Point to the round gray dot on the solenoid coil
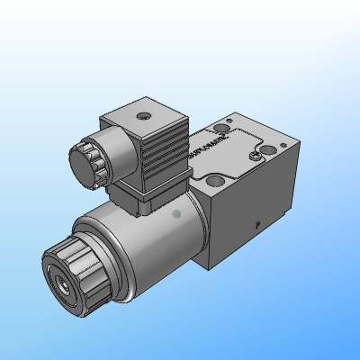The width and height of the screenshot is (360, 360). (x=177, y=213)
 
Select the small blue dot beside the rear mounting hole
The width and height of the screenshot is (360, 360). (x=229, y=123)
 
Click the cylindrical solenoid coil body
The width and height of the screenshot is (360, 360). (x=144, y=243)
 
